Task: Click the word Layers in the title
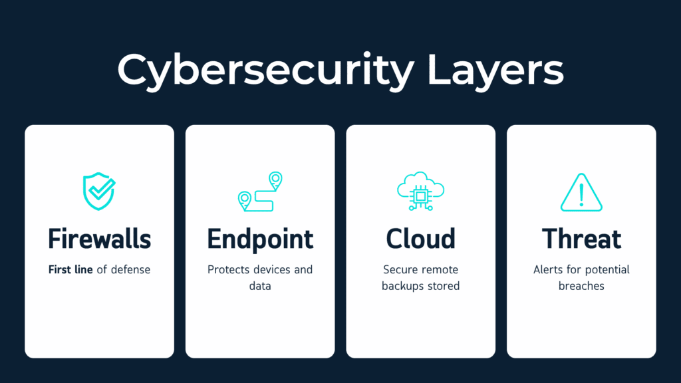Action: click(x=495, y=69)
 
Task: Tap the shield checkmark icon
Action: click(x=99, y=191)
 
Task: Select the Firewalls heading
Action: click(x=99, y=239)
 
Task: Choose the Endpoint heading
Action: click(x=260, y=239)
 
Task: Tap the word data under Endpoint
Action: click(x=260, y=286)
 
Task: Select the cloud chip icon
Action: click(x=420, y=191)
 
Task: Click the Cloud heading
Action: click(x=420, y=239)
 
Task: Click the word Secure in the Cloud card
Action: click(x=400, y=270)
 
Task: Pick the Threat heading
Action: click(x=581, y=239)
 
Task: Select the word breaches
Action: click(x=581, y=286)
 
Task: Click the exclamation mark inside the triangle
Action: click(x=581, y=193)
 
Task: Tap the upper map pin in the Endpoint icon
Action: click(x=275, y=178)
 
